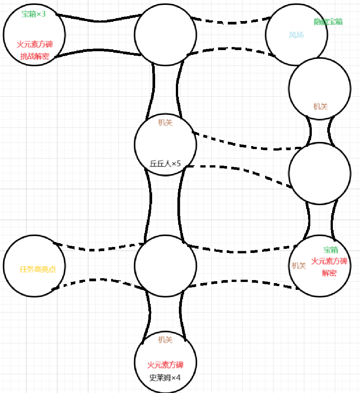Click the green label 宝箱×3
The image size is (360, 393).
point(34,15)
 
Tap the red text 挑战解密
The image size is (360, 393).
point(35,56)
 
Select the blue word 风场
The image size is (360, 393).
point(296,35)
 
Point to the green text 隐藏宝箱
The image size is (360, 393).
point(328,22)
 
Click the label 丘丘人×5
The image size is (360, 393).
point(166,163)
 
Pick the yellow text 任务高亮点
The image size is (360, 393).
point(38,269)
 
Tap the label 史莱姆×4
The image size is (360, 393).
point(165,378)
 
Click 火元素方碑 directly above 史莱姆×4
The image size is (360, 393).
point(165,365)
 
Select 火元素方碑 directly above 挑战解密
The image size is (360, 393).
point(35,44)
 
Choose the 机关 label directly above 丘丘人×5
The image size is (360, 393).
point(165,122)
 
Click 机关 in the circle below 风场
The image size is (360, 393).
point(320,107)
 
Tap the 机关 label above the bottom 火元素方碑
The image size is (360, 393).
point(165,340)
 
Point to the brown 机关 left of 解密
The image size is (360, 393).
point(299,265)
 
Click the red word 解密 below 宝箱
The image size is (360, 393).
point(329,273)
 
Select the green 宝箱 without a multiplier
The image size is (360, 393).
point(331,250)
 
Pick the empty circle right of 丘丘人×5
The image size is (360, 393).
point(320,173)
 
